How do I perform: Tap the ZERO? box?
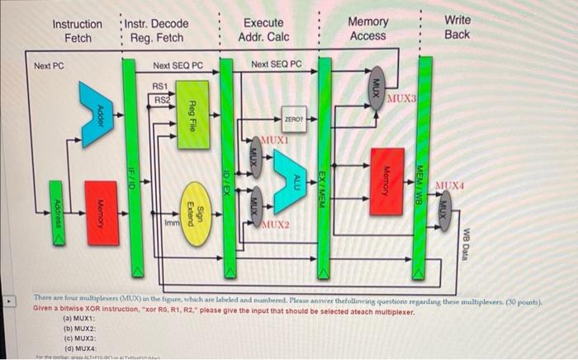pos(291,120)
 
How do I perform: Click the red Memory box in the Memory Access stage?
pos(386,179)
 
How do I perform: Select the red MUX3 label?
pos(401,100)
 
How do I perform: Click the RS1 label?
pos(160,85)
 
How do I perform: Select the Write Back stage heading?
pos(457,26)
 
